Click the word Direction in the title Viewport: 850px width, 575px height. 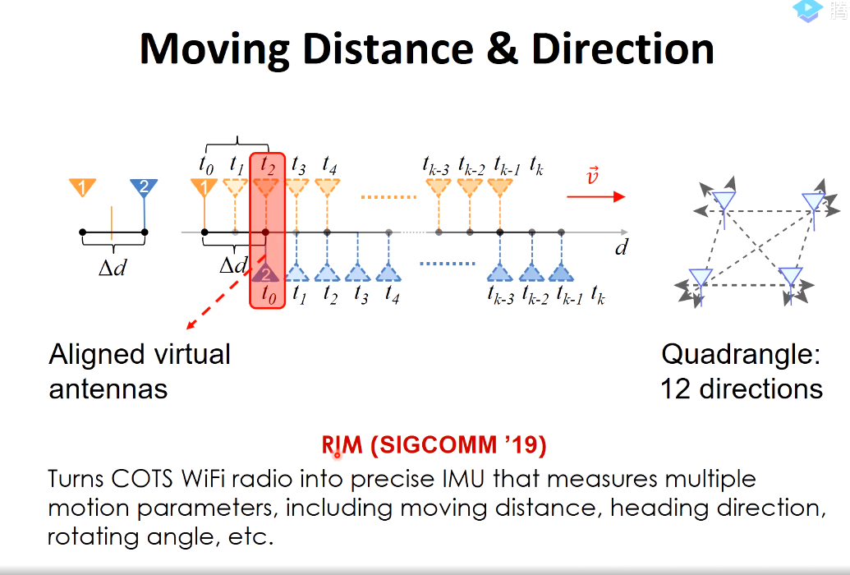tap(623, 48)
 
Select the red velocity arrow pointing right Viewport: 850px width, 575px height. tap(595, 196)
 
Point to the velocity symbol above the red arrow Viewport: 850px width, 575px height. tap(592, 176)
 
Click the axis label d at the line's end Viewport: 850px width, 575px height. tap(621, 247)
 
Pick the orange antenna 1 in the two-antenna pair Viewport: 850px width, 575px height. tap(82, 187)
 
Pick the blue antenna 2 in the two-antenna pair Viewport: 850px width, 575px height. tap(144, 187)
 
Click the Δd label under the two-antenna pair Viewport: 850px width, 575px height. tap(113, 268)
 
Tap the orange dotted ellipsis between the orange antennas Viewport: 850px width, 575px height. tap(388, 197)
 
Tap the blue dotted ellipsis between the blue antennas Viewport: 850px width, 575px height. tap(448, 264)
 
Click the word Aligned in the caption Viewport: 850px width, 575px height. tap(97, 356)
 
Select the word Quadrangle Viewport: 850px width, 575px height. tap(741, 356)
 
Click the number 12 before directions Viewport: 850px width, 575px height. tap(675, 389)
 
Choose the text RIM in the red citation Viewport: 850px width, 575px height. tap(342, 445)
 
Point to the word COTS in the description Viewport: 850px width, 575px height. tap(142, 479)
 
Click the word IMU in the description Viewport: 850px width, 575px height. tap(464, 479)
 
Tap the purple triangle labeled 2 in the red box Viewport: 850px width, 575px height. tap(265, 273)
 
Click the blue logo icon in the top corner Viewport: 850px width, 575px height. tap(808, 11)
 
